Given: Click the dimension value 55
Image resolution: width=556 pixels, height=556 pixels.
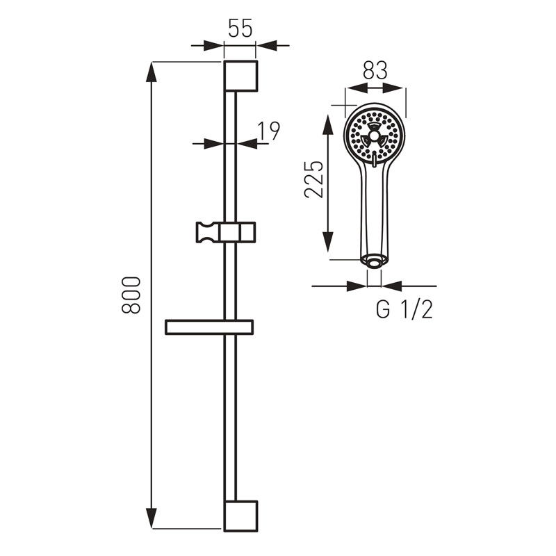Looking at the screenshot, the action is coord(240,28).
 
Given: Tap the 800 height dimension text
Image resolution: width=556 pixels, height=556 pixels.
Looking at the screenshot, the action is coord(131,295).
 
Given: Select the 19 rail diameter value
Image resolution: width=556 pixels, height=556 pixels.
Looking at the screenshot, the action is coord(268,131).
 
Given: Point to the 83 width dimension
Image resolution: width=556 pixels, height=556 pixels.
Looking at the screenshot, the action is coord(375,70).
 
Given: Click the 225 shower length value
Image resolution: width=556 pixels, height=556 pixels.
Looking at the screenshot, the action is coord(314,179).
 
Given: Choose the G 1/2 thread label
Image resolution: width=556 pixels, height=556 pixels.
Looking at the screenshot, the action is coord(404,309).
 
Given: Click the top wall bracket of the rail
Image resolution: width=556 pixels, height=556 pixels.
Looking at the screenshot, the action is coord(240,76).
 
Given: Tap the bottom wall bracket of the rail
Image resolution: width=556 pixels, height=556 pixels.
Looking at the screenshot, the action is coord(240,516).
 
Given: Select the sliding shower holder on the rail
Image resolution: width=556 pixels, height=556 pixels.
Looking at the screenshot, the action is coord(226,232).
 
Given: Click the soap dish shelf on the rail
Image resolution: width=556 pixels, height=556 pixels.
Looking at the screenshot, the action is coord(209,327).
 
